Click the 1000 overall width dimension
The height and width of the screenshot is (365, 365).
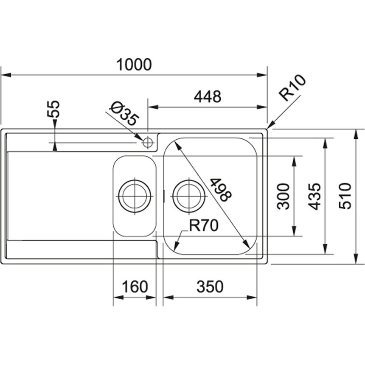134,65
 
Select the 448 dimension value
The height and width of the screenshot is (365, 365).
208,97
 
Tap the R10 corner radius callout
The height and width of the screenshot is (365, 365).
292,87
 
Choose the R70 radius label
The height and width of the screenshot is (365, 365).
203,225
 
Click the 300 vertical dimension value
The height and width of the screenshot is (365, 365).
284,196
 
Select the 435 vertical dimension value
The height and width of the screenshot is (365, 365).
314,196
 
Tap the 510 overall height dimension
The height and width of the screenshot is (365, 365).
345,196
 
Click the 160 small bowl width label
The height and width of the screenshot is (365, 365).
135,286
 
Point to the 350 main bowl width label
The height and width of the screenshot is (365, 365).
210,286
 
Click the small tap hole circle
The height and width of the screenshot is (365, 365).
148,142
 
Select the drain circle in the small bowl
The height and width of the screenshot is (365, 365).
135,196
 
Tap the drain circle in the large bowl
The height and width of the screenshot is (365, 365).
189,196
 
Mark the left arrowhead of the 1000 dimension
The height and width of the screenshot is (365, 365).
6,75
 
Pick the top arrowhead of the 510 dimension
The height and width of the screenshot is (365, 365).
356,134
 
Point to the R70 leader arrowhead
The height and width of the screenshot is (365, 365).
177,246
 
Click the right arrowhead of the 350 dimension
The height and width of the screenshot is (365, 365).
252,298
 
